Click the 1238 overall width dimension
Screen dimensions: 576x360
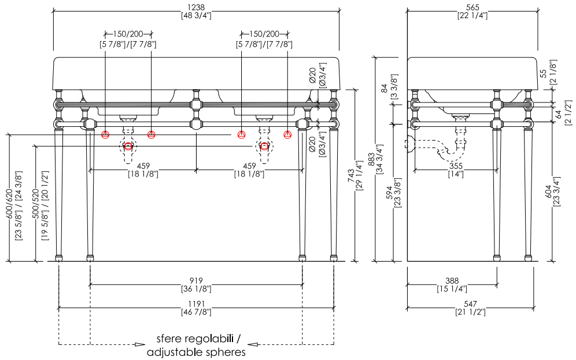pos(196,8)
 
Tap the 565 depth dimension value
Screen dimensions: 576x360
pos(472,8)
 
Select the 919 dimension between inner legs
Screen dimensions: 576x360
pos(196,281)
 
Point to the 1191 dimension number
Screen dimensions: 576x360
pos(196,304)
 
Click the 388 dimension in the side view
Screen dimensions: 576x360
pos(452,281)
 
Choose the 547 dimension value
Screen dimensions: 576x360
pos(470,304)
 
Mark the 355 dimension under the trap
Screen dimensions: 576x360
pos(456,166)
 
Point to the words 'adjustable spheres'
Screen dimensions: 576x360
pos(196,352)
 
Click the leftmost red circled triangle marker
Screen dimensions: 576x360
pos(105,135)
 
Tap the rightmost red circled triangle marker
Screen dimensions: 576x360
pos(287,135)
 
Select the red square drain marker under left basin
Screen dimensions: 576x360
pos(128,146)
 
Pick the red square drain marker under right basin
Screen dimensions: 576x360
pos(264,146)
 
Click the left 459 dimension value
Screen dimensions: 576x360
pos(143,166)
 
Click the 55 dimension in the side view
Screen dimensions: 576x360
pos(544,74)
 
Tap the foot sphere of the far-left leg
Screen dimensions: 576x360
pos(59,258)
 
